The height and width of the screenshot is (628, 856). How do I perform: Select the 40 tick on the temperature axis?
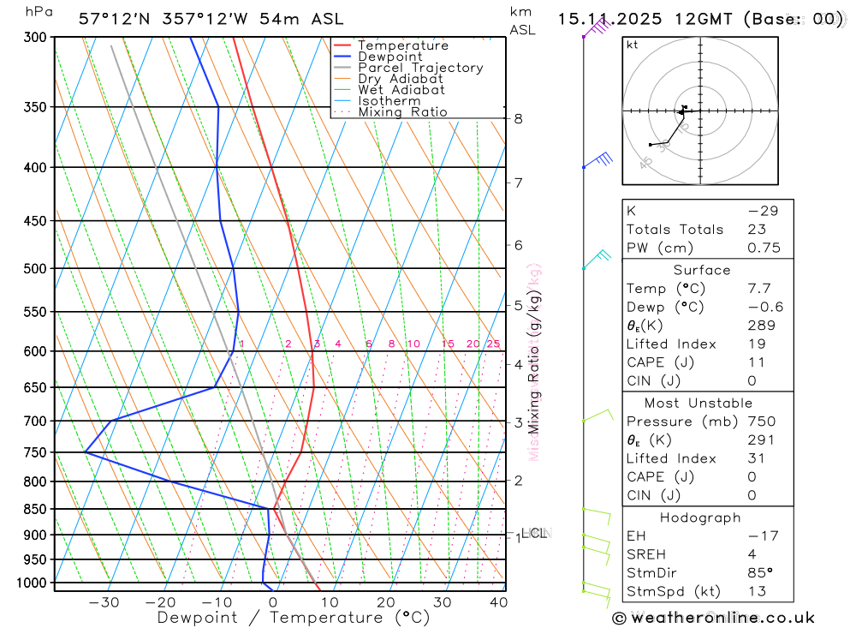point(497,602)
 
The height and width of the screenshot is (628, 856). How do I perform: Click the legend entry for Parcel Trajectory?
point(420,68)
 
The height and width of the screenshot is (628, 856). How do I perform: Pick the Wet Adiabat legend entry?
point(401,90)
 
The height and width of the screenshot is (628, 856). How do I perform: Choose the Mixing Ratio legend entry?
point(402,112)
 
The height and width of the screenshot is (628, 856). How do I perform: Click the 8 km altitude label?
point(519,119)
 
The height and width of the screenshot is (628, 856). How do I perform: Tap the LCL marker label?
point(534,534)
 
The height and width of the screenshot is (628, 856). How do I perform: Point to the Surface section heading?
point(702,271)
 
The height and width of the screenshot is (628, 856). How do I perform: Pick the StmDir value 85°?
point(758,573)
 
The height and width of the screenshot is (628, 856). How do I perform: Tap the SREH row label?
point(646,554)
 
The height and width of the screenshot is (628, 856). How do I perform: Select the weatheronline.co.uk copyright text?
point(713,618)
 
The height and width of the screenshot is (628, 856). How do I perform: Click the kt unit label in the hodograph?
point(633,45)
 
